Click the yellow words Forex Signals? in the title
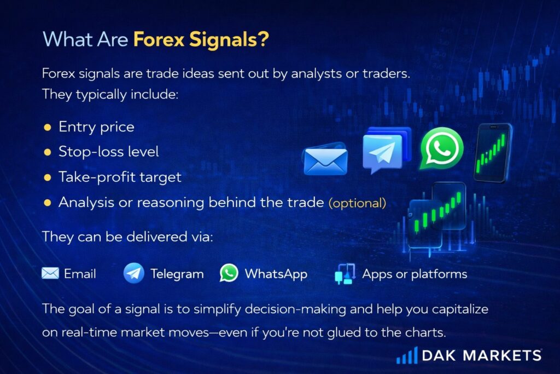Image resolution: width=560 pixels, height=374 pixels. point(201,39)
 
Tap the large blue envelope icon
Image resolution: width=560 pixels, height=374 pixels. point(325,159)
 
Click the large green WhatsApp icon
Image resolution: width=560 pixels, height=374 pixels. point(441,148)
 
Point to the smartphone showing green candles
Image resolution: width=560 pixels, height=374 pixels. point(493,153)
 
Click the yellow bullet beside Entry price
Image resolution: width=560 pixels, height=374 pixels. point(48,127)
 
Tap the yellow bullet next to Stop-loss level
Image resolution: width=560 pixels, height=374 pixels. point(48,152)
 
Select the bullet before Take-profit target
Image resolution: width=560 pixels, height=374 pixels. point(48,177)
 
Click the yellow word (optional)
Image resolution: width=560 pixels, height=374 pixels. point(357,203)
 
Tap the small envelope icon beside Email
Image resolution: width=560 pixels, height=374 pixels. point(50,274)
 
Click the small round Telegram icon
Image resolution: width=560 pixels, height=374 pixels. point(133,273)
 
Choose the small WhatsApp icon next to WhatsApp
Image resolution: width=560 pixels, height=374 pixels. point(229,273)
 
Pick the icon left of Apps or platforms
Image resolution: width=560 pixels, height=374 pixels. point(345,274)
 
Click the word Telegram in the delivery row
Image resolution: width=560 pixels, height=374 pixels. point(177,274)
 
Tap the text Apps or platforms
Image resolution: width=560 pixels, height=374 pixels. point(415,274)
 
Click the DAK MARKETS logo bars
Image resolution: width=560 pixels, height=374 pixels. point(407,355)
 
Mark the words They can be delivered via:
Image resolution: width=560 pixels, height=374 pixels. point(127,237)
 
